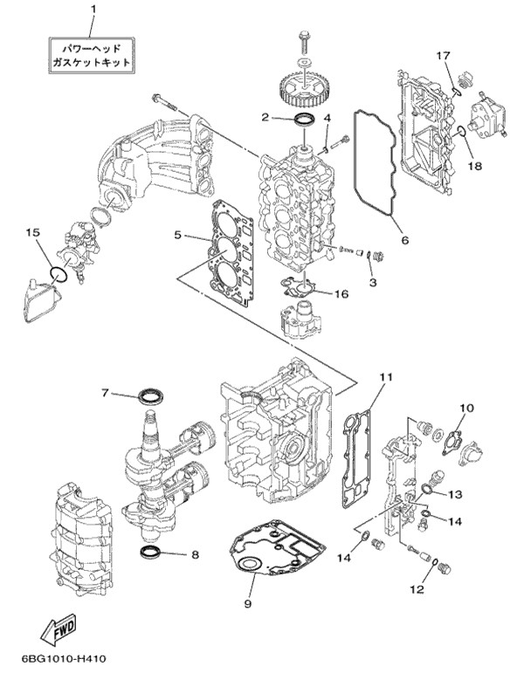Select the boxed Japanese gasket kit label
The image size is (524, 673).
point(91,55)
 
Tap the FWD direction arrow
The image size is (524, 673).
point(59,629)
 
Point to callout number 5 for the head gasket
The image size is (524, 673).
point(178,234)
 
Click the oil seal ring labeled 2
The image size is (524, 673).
point(304,119)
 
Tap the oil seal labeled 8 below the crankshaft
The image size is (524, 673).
point(150,551)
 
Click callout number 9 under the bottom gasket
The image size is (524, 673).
point(247,603)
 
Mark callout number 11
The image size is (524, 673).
point(386,377)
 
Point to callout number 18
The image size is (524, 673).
point(475,166)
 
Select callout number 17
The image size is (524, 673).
point(444,55)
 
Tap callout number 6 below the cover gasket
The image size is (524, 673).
point(405,240)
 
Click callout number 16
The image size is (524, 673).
point(341,293)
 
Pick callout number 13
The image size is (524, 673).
point(455,494)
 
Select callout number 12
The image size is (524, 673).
point(417,589)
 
